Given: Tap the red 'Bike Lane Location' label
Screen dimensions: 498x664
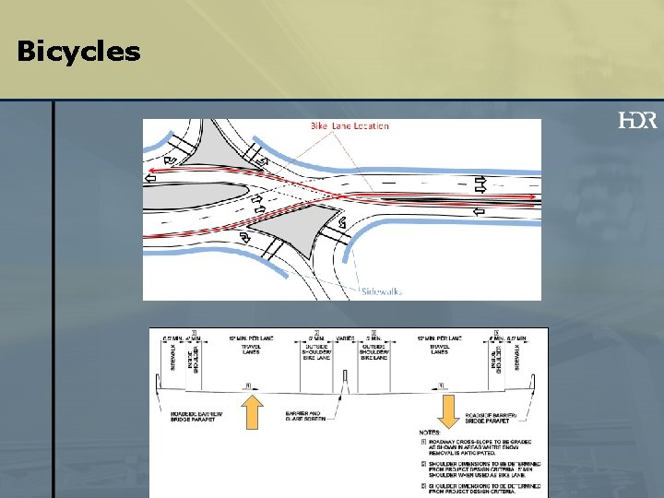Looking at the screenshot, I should tap(350, 126).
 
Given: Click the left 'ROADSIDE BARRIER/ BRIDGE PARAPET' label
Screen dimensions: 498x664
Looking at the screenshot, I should tap(193, 418).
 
